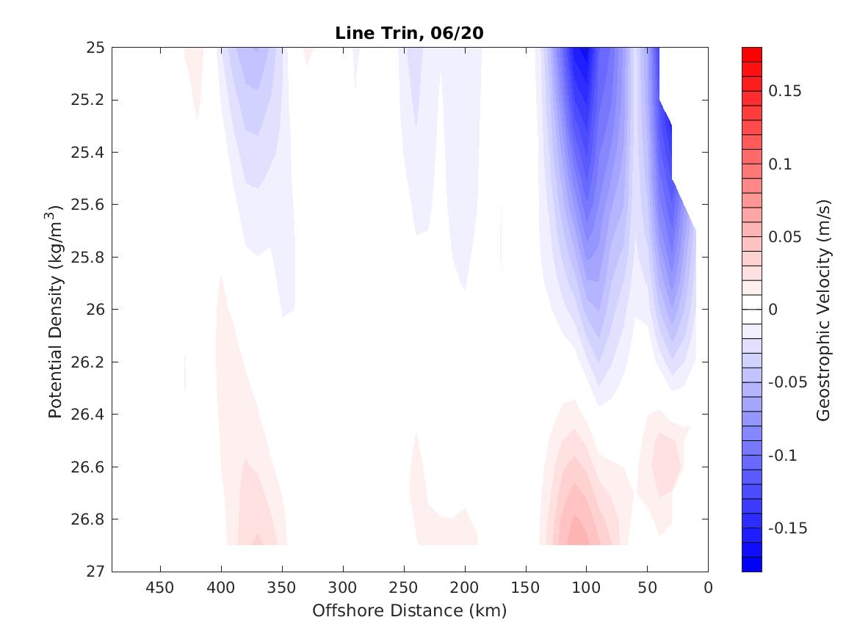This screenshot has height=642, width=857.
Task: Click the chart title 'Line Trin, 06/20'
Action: [409, 33]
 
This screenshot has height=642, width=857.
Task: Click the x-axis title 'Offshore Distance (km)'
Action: [409, 610]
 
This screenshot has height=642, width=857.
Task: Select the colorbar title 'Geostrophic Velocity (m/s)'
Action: [823, 310]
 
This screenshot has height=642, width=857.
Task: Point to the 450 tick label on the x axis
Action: [160, 588]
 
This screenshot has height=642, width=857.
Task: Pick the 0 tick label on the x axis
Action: [708, 588]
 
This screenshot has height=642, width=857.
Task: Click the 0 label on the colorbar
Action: [773, 310]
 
